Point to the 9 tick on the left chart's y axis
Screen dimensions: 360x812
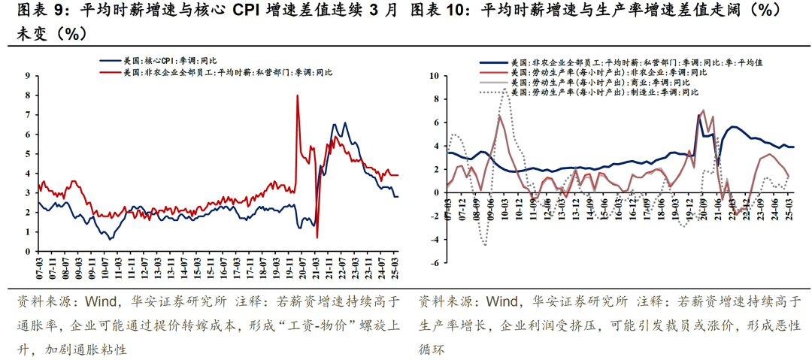pyautogui.click(x=28, y=76)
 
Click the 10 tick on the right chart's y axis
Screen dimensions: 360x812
pyautogui.click(x=433, y=76)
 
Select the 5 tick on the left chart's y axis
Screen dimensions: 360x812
pyautogui.click(x=28, y=154)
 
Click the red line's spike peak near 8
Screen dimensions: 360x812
pyautogui.click(x=298, y=95)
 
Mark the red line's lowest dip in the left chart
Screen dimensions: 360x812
pyautogui.click(x=317, y=237)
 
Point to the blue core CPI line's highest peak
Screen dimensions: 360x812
pyautogui.click(x=345, y=123)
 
